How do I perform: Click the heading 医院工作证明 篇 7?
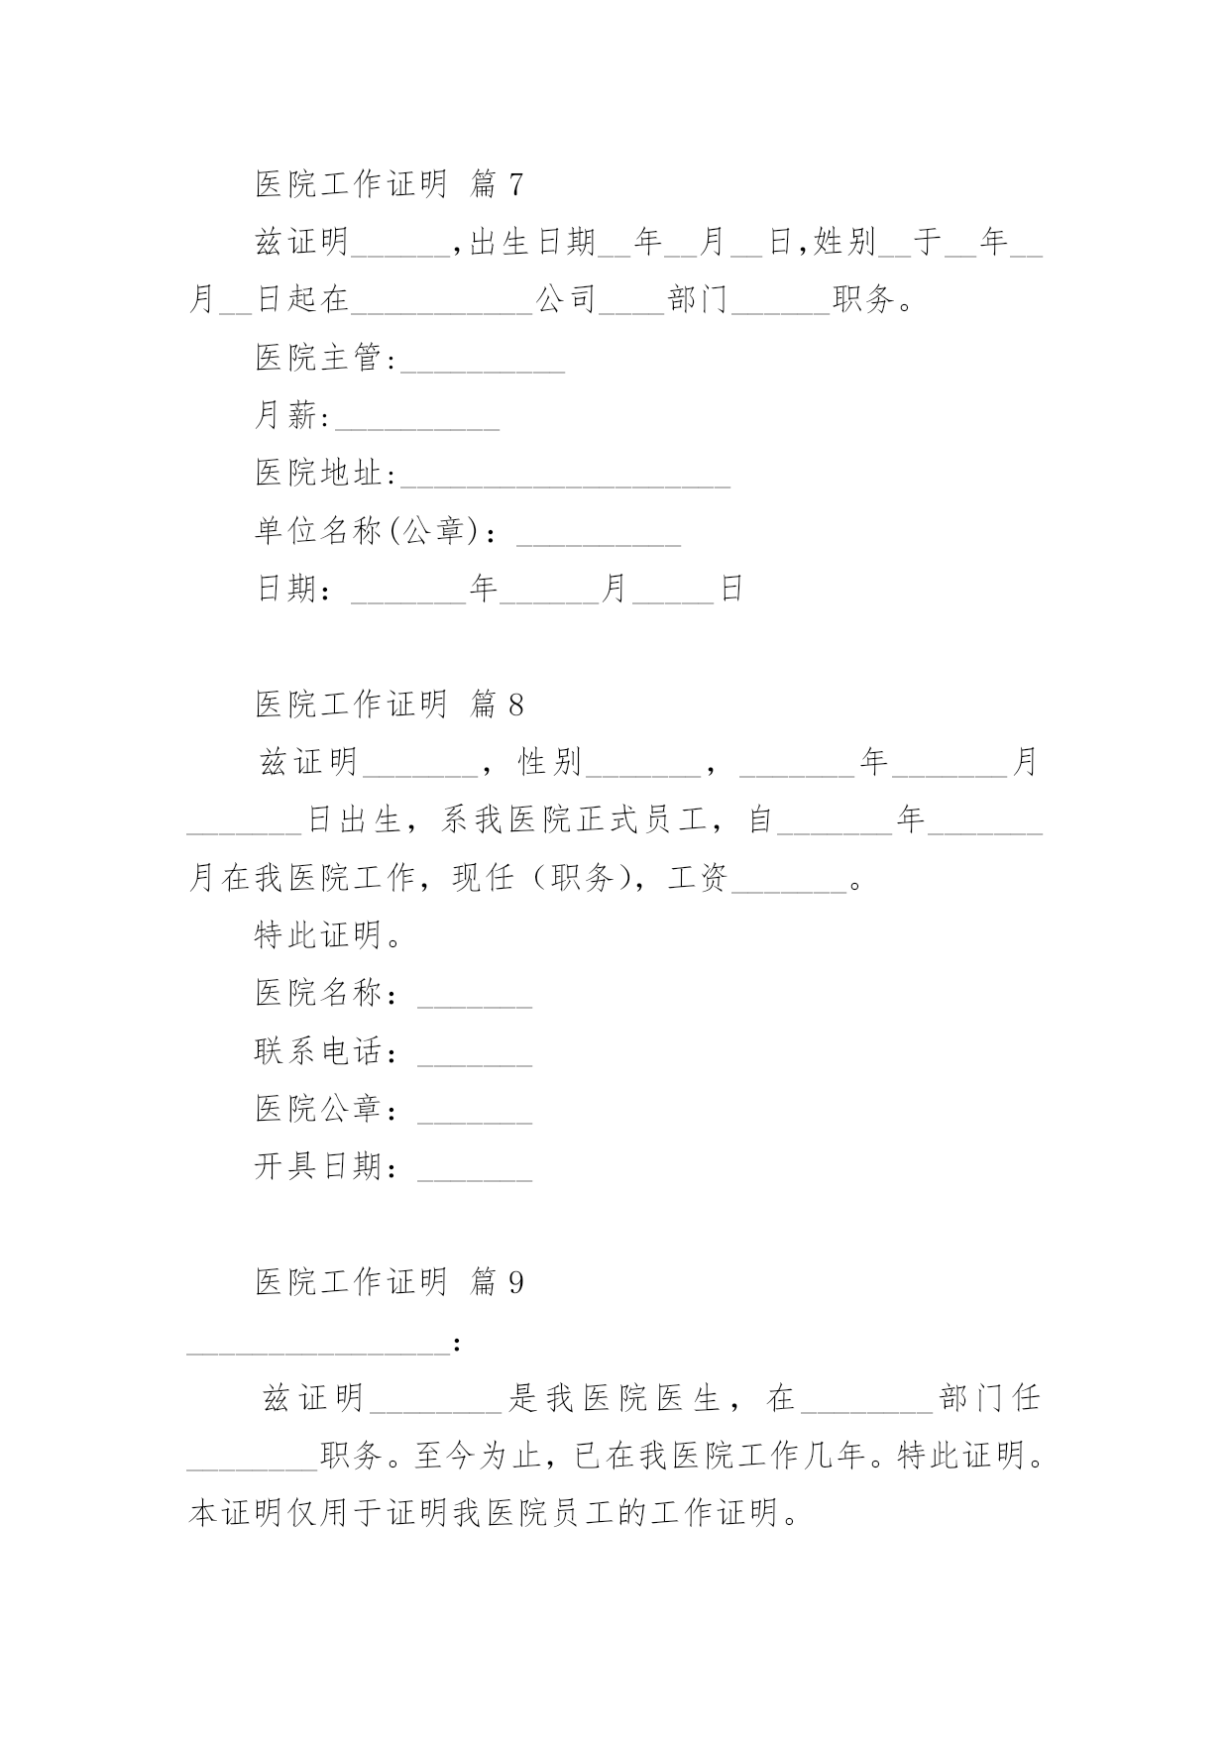[389, 183]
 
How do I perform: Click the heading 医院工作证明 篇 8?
[389, 705]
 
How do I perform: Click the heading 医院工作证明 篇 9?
[389, 1282]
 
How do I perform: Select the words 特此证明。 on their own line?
[328, 935]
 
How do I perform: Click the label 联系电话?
[318, 1051]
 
